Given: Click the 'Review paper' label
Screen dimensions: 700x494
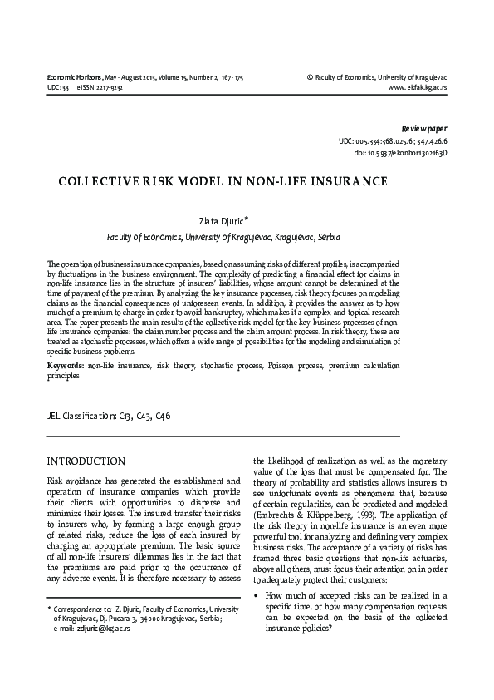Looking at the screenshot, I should (x=423, y=130).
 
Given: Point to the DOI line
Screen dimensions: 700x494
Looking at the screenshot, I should (x=400, y=154).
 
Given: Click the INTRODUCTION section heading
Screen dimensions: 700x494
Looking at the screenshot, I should (x=86, y=461).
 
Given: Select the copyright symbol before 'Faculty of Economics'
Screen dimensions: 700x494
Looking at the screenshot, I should (x=310, y=77).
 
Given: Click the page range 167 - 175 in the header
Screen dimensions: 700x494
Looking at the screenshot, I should (x=227, y=77).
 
